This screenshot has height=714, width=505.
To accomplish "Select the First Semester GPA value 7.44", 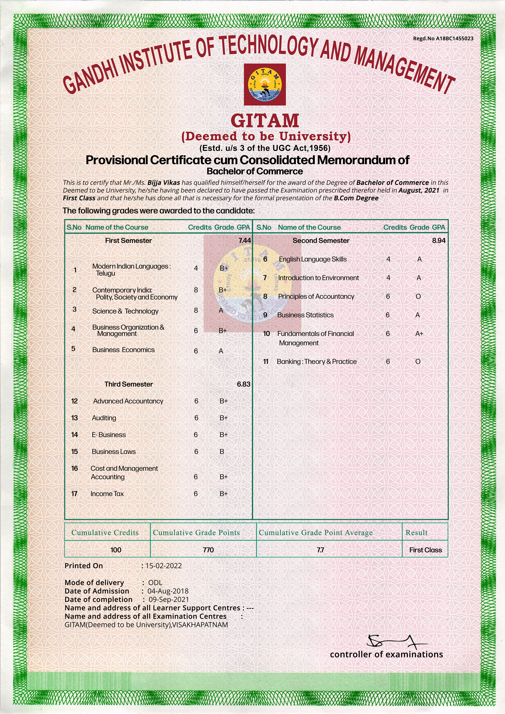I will coord(244,240).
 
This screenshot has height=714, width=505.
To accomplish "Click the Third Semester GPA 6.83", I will coord(244,384).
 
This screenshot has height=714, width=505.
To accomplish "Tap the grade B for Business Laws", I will coord(222,452).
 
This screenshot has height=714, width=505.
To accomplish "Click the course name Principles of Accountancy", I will coord(316,296).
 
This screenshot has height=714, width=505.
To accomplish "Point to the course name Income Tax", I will coord(107,493).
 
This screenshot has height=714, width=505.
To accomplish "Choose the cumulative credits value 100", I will coord(116,550).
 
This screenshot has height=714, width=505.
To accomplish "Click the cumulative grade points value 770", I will coord(208,550).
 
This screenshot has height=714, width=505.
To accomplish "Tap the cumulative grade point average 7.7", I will coord(320,550).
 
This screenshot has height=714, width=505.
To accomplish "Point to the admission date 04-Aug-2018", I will coord(168,591).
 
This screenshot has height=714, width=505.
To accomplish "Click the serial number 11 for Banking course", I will coord(266,361).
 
